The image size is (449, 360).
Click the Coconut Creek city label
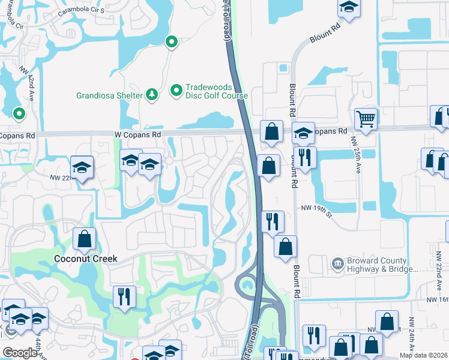point(85,259)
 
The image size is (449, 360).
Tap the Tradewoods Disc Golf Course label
point(215,91)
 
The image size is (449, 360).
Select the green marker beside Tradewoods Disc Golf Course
point(176,91)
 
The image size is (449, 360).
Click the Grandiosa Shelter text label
point(109,95)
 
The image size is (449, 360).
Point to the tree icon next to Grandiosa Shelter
point(152,95)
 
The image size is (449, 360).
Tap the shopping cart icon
point(365,119)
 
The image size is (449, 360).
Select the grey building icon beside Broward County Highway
point(337,262)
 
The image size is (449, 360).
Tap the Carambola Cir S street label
point(82,11)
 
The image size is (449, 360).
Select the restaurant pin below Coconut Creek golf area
point(124,296)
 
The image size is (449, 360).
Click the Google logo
point(20,353)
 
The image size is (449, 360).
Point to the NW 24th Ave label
point(412,336)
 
